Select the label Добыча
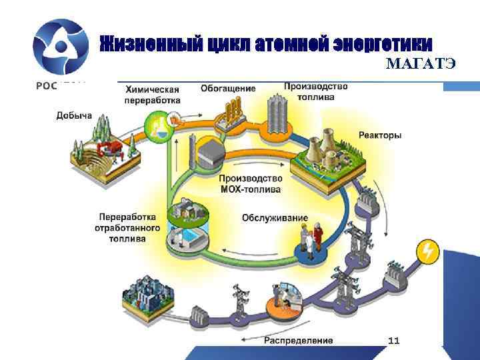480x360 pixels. tap(74, 115)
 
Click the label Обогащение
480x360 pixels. tap(228, 89)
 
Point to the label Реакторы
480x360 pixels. tap(380, 135)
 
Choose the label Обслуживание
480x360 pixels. tap(275, 218)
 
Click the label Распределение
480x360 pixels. tap(299, 341)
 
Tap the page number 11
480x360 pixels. tap(394, 341)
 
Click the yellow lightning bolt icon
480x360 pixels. tap(427, 251)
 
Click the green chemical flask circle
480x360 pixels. tap(157, 126)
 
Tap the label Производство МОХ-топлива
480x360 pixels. tap(251, 184)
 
